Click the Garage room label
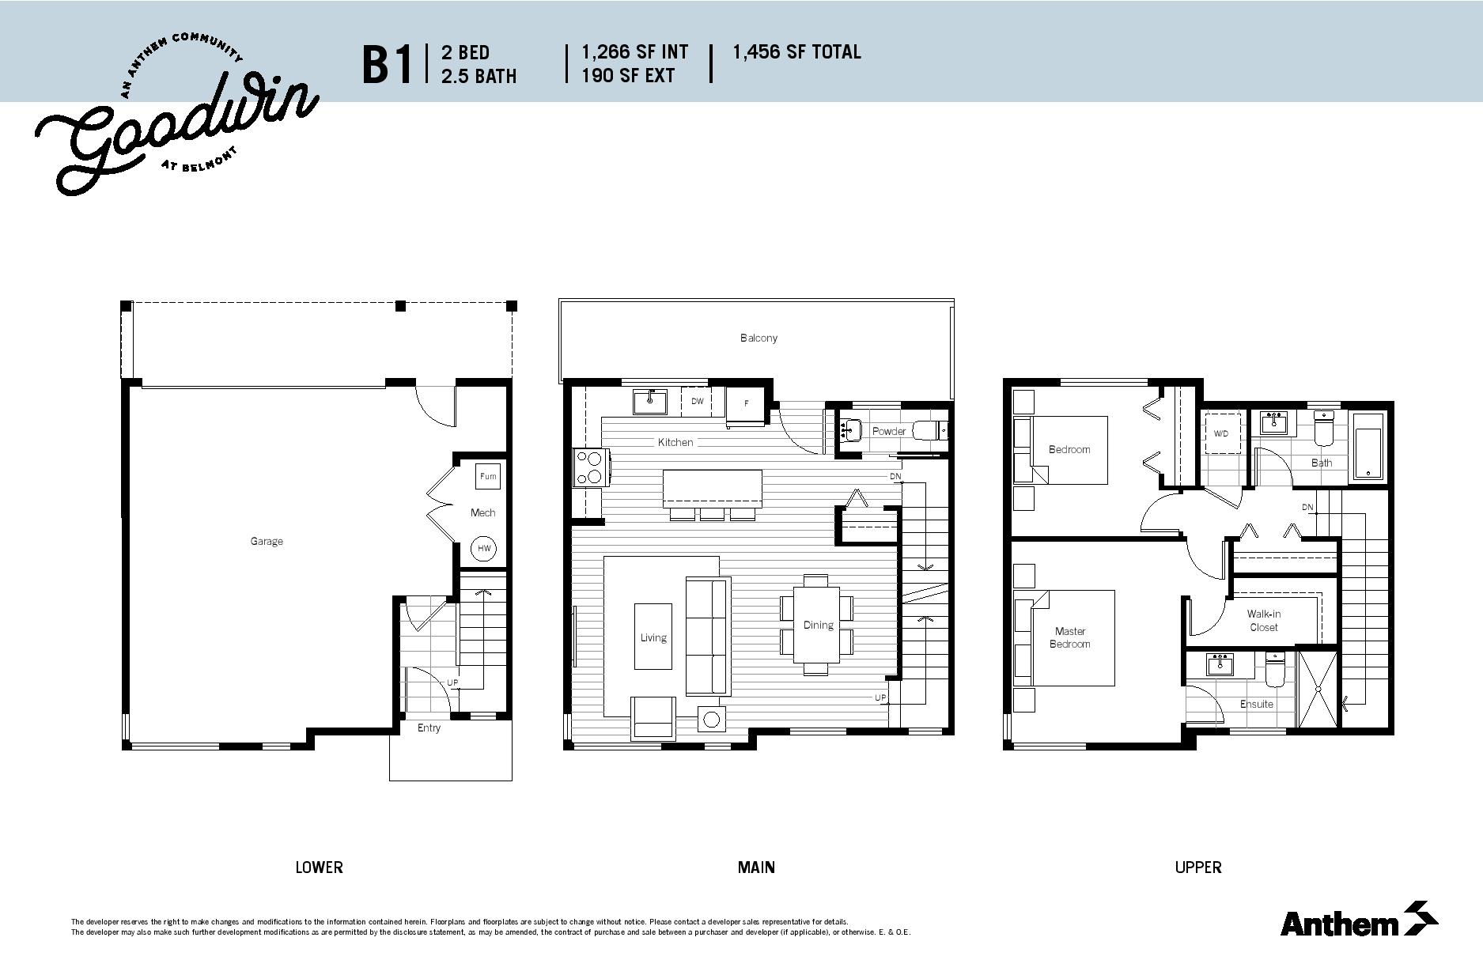coord(267,542)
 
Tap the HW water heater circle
coord(484,548)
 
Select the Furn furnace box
coord(488,476)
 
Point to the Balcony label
coord(759,338)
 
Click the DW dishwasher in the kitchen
coord(697,401)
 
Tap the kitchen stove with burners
coord(589,467)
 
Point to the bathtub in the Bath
coord(1368,446)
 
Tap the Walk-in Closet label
coord(1264,620)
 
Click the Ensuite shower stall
coord(1318,688)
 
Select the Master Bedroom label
coord(1070,637)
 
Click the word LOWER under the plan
coord(319,867)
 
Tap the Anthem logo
coord(1359,920)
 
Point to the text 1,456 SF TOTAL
coord(796,52)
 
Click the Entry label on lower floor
coord(429,728)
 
